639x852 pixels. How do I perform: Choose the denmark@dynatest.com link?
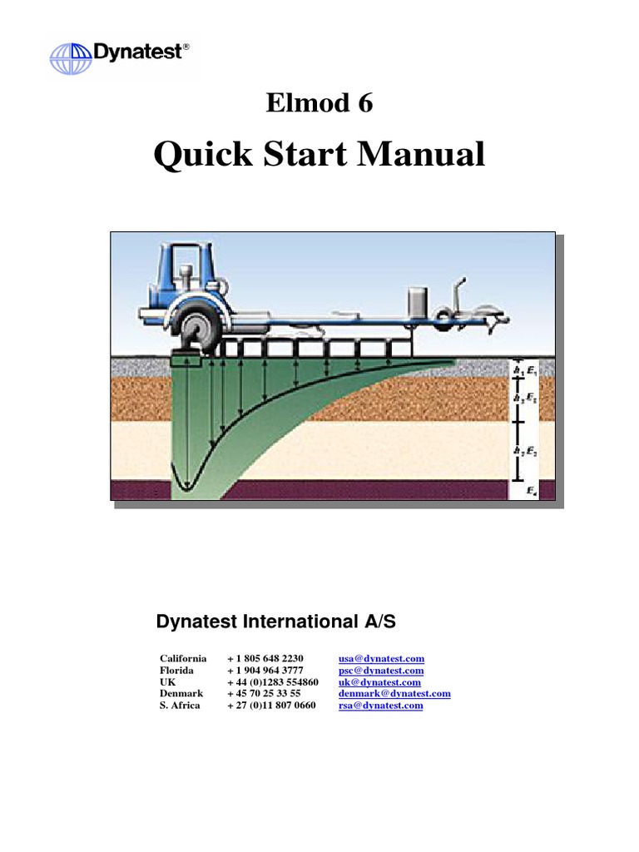(394, 693)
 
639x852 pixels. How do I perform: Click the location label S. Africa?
(181, 706)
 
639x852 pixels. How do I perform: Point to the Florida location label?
(177, 671)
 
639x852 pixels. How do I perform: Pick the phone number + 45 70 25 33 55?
(263, 693)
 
